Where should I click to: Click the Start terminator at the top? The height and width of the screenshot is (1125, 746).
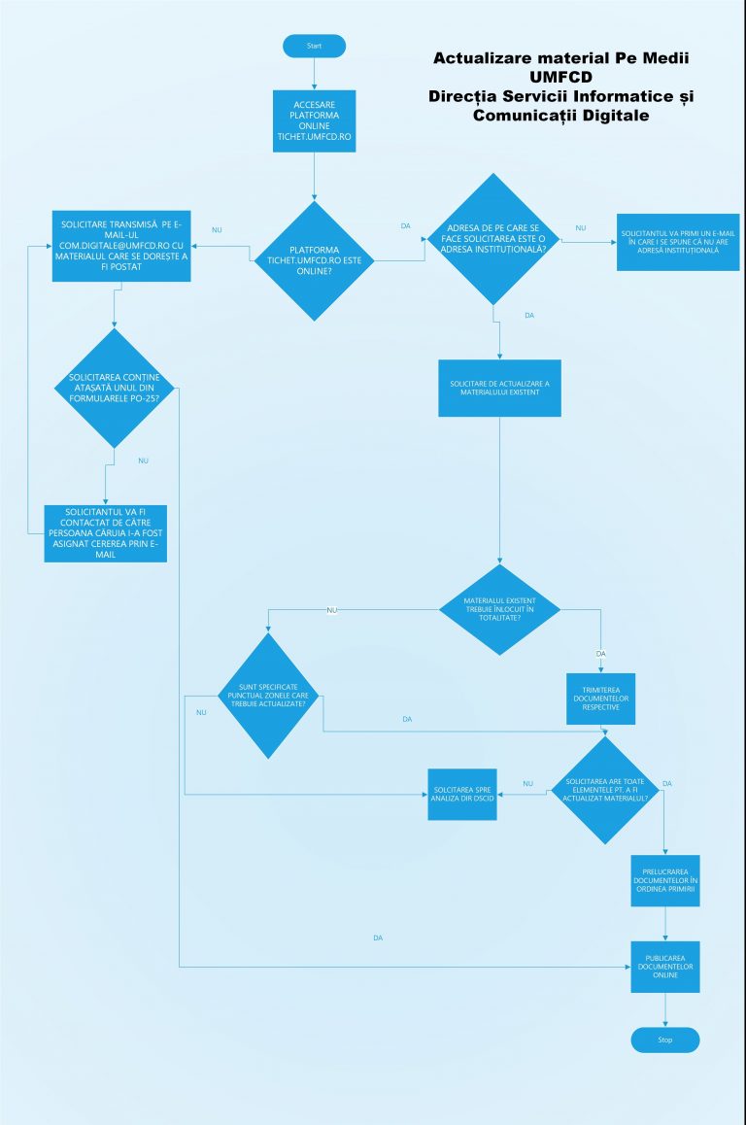point(314,46)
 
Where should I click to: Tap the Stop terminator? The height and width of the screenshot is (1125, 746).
point(664,1040)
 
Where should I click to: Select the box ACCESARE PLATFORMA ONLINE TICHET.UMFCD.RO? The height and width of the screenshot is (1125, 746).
point(314,123)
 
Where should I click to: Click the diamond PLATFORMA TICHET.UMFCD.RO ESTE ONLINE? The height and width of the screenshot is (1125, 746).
point(314,260)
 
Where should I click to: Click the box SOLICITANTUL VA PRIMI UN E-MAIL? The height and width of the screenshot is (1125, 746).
point(677,242)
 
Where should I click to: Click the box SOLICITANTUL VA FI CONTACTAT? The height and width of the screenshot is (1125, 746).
point(106,533)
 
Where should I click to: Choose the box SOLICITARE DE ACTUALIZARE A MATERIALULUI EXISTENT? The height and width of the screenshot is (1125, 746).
point(499,389)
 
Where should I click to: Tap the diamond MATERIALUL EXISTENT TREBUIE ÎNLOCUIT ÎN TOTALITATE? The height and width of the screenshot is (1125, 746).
point(499,608)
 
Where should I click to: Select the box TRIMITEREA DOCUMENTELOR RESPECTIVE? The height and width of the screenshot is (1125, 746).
point(601,699)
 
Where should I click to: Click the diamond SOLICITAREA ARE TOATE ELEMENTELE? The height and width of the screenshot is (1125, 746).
point(605,789)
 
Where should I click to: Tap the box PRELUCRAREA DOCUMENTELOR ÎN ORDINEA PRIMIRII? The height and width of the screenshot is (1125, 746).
point(664,880)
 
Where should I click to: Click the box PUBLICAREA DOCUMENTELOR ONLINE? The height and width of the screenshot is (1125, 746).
point(664,966)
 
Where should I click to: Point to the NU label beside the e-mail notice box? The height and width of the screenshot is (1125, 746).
point(580,228)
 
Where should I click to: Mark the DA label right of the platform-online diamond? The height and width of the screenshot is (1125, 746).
point(405,226)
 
